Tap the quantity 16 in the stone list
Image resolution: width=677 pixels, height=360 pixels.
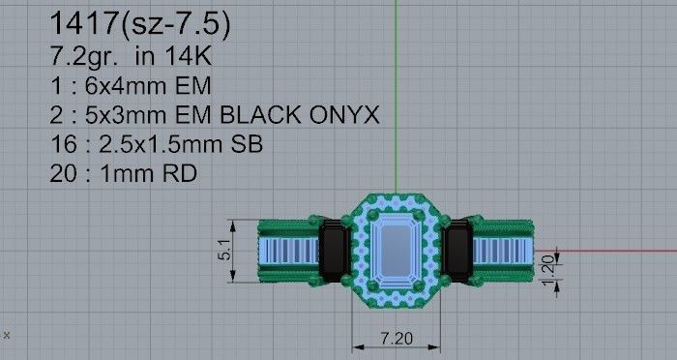tap(61, 147)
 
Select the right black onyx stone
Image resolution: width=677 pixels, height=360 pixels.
tap(456, 250)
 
